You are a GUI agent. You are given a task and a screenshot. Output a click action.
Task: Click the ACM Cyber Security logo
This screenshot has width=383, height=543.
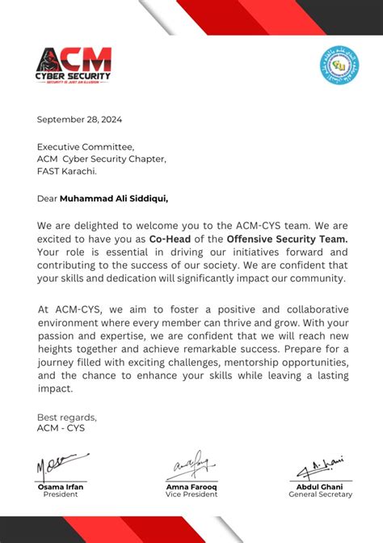pos(74,65)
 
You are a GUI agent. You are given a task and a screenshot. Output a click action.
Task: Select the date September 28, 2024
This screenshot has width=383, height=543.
pos(79,120)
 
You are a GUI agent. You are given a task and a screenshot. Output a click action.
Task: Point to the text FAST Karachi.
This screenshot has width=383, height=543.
pos(67,171)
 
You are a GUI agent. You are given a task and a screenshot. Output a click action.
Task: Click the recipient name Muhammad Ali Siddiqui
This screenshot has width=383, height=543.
pos(114,197)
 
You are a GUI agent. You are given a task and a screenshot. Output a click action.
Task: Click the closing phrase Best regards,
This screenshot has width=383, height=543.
pos(66,417)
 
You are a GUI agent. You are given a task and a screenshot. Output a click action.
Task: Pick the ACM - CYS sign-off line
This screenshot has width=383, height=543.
pos(61,428)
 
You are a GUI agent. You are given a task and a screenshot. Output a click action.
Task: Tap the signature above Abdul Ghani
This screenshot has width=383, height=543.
pos(322,467)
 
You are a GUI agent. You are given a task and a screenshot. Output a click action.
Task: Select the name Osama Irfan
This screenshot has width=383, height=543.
pos(61,486)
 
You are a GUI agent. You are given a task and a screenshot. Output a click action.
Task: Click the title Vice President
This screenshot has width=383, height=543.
pos(191,494)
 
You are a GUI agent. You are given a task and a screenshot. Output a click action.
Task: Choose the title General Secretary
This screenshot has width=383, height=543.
pos(321,494)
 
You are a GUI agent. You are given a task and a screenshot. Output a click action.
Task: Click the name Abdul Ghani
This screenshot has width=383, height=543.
pos(321,486)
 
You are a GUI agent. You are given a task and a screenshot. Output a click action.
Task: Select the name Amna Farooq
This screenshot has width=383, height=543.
pos(191,486)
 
